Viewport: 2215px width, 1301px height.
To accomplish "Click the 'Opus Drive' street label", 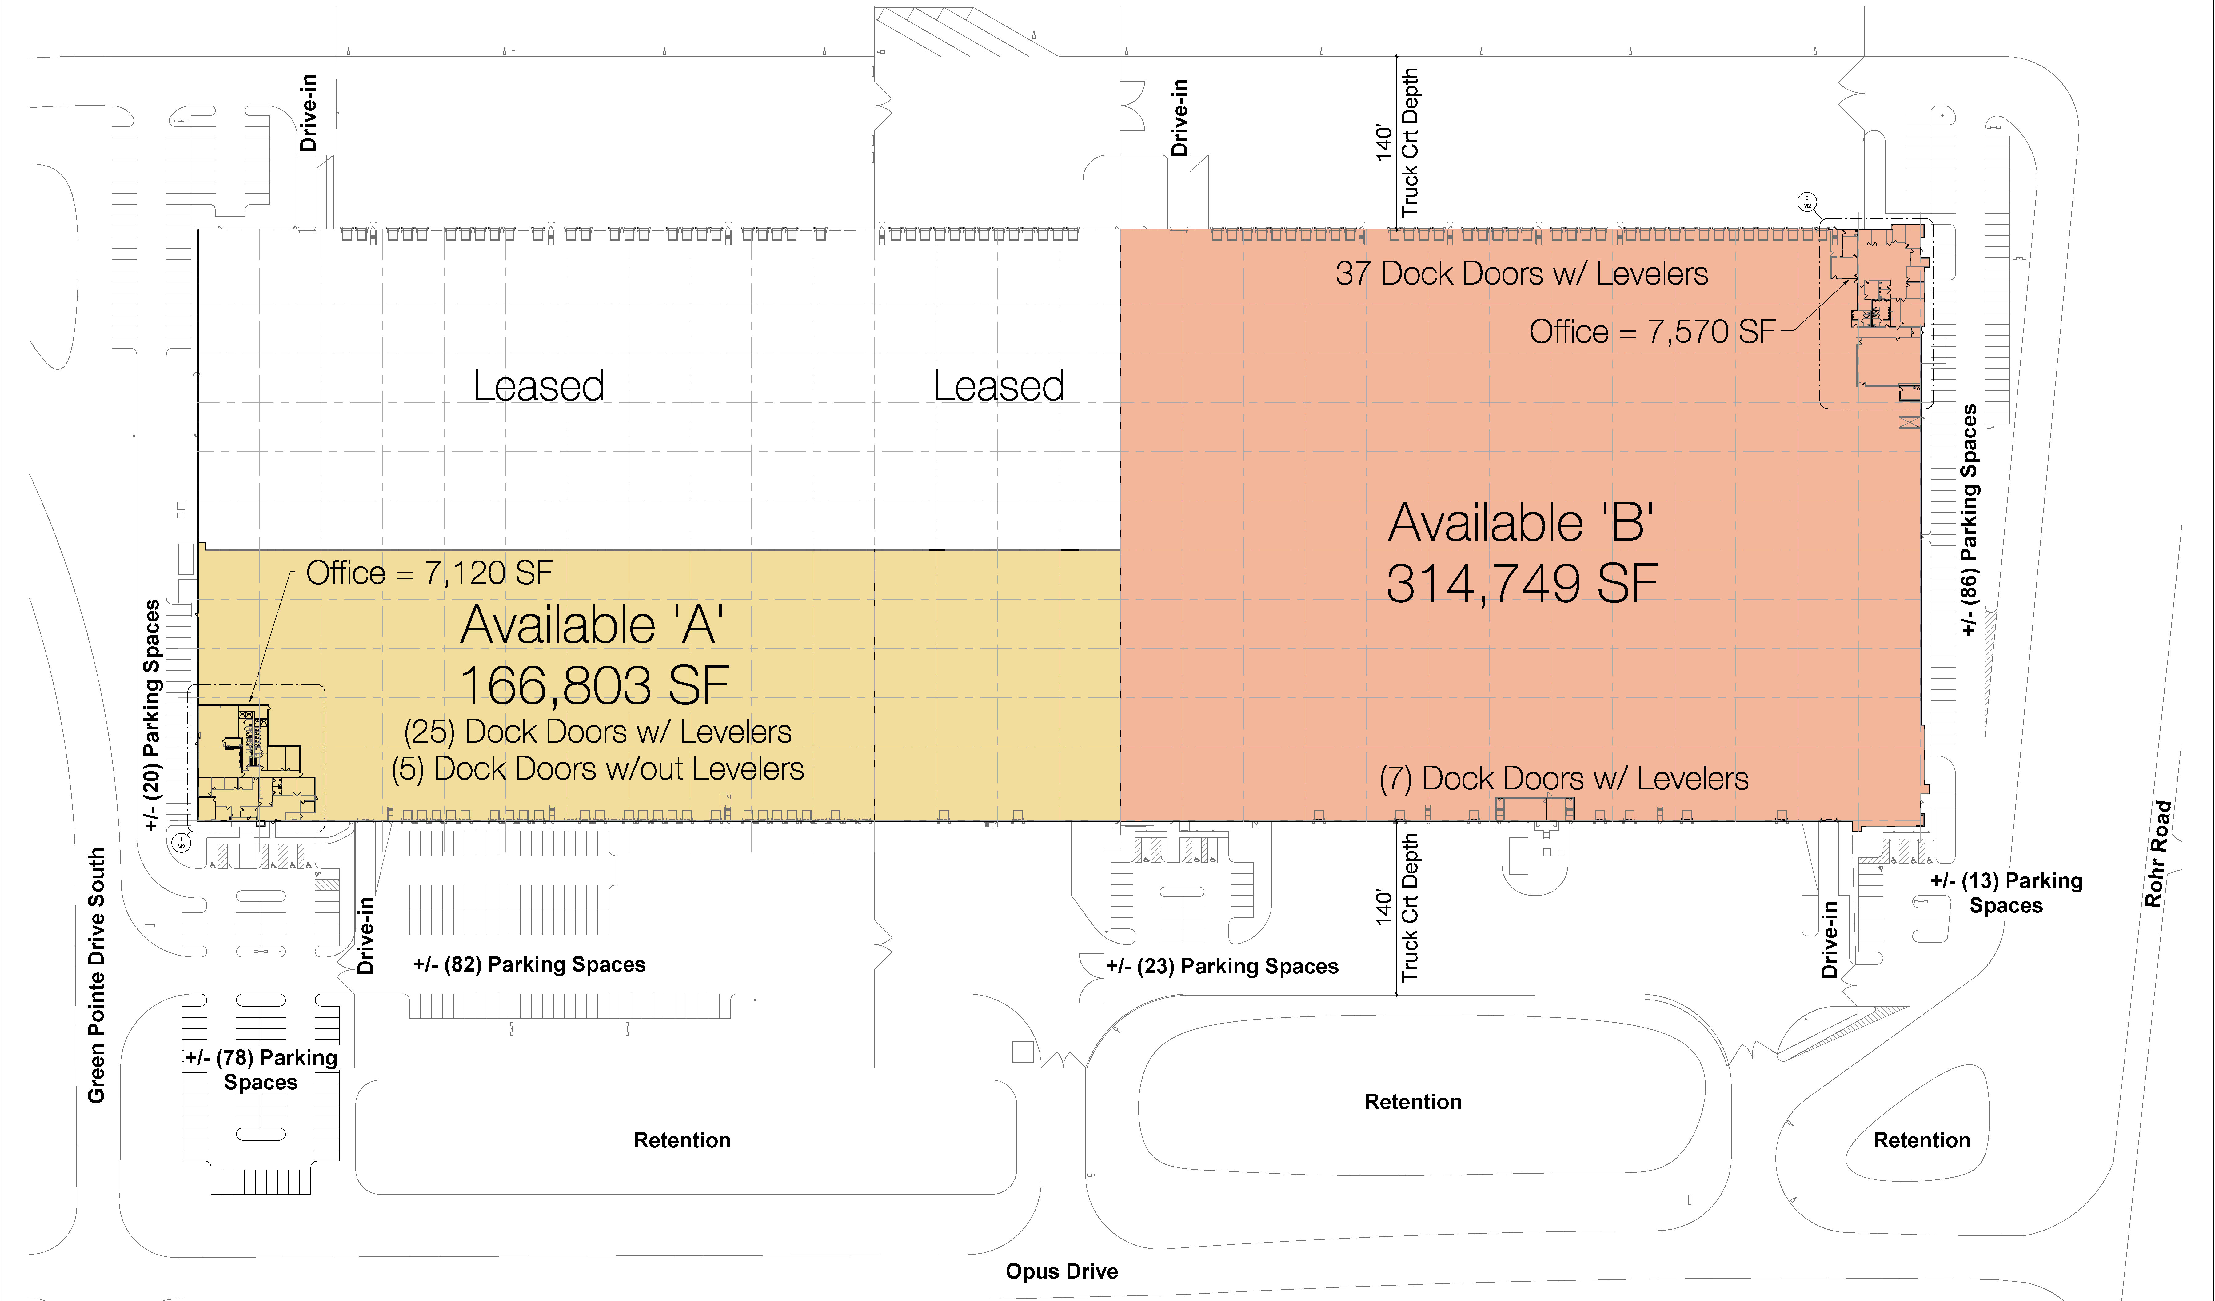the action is (1062, 1271).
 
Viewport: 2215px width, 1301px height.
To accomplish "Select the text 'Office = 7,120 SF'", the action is (430, 573).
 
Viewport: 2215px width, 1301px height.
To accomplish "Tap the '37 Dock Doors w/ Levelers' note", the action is (1522, 273).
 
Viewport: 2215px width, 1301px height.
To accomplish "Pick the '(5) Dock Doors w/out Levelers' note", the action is (598, 769).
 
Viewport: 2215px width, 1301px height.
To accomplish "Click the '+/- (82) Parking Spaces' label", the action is (529, 964).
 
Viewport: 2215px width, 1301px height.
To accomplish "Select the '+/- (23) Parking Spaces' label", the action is (1222, 966).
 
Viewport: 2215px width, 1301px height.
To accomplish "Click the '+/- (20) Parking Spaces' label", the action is (152, 715).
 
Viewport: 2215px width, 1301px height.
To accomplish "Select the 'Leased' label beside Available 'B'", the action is (999, 386).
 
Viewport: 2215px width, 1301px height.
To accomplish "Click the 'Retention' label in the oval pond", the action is (1412, 1101).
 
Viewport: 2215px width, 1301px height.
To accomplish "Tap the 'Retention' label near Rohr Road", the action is (1922, 1140).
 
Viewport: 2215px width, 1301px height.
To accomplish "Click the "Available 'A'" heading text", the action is (593, 625).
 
